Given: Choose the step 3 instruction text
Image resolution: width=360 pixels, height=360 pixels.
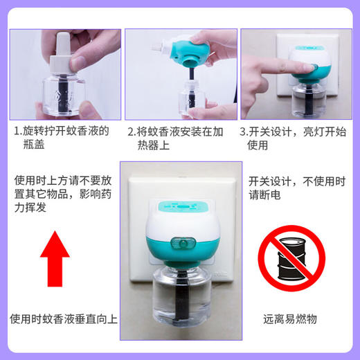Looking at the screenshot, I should click(294, 138).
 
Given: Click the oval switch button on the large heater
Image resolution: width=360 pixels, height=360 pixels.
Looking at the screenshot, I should click(183, 243).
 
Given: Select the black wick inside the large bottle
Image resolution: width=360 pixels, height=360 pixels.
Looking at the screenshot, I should click(181, 291).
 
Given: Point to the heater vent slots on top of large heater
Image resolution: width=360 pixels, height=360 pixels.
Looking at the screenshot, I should click(181, 206).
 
